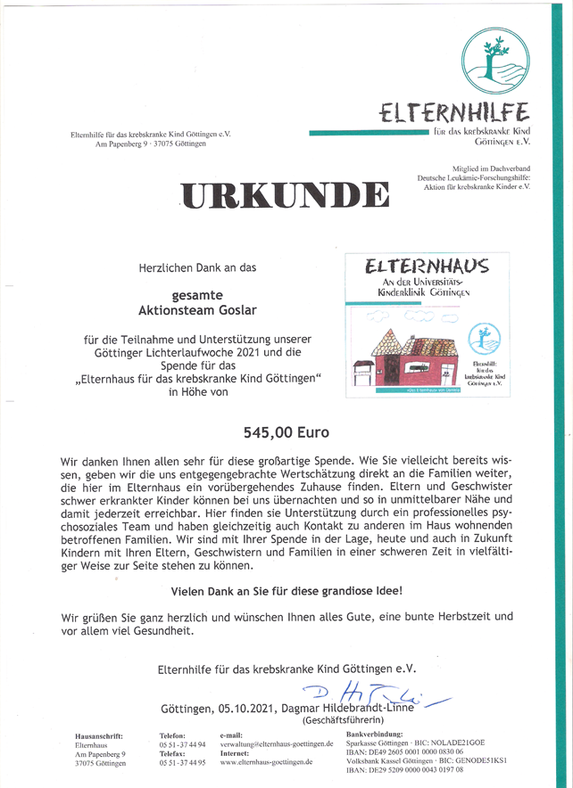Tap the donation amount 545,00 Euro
pos(286,432)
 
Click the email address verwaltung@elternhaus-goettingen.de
pos(277,743)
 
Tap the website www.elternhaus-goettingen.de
pos(266,762)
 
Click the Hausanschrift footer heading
pos(99,735)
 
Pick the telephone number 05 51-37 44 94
pos(182,743)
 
